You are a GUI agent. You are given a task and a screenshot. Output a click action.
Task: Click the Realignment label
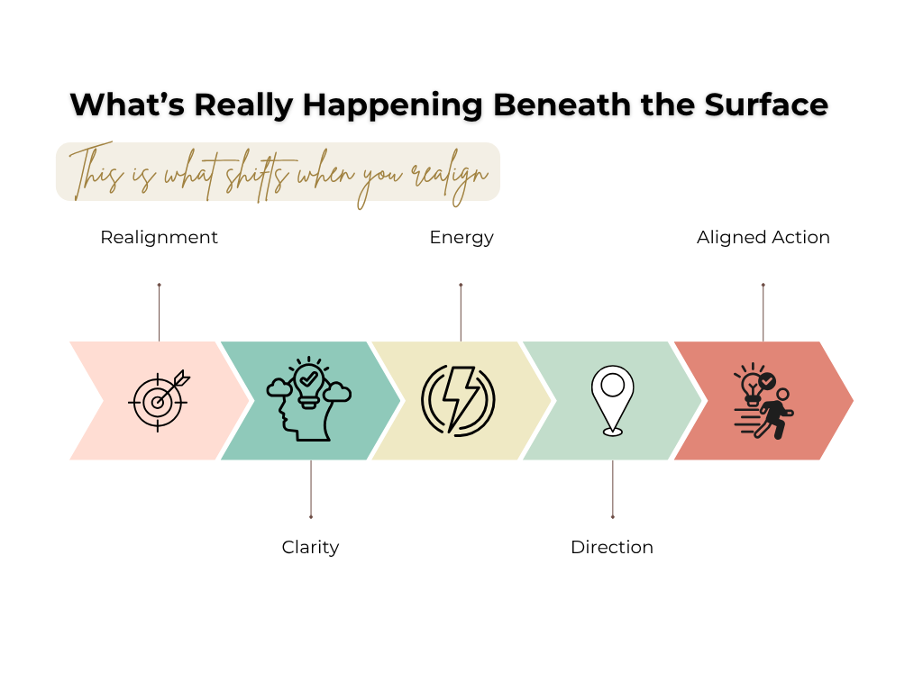point(159,237)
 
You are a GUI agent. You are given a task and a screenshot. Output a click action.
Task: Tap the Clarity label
point(310,547)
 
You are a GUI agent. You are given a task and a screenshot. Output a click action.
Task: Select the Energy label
point(461,238)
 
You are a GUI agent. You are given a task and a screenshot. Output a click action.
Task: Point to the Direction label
point(612,547)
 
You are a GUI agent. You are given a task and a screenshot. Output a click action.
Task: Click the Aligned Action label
point(763,237)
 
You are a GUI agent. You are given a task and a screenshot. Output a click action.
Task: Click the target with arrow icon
point(159,401)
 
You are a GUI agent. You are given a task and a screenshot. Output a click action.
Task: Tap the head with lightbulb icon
point(308,399)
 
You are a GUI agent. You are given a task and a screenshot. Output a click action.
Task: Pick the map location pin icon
point(612,401)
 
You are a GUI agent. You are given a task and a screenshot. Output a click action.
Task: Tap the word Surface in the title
point(766,105)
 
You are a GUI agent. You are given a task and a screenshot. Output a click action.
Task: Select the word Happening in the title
point(392,106)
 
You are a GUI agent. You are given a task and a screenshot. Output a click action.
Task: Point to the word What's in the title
point(127,105)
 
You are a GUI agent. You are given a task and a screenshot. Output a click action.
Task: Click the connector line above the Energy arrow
point(461,313)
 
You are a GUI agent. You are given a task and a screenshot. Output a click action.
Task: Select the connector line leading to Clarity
point(311,489)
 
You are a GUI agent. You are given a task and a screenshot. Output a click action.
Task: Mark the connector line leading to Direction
point(613,489)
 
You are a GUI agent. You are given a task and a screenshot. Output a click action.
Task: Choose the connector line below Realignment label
point(159,313)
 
